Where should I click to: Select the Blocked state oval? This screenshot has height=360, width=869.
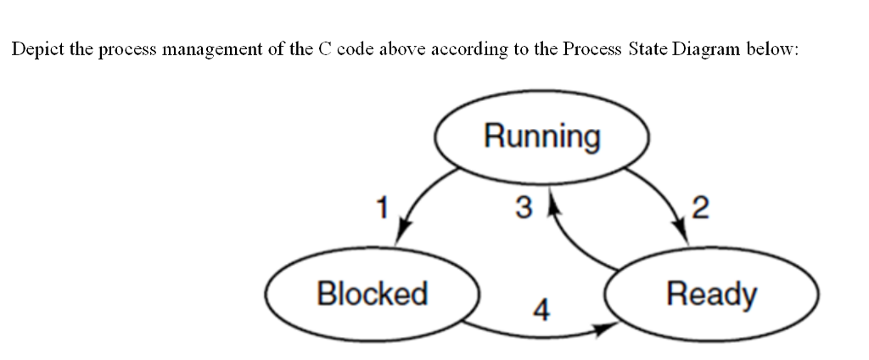coord(372,295)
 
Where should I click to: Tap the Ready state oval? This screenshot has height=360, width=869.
coord(711,295)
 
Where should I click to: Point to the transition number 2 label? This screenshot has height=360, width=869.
coord(700,205)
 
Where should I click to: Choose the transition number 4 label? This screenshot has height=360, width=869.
coord(539,312)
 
